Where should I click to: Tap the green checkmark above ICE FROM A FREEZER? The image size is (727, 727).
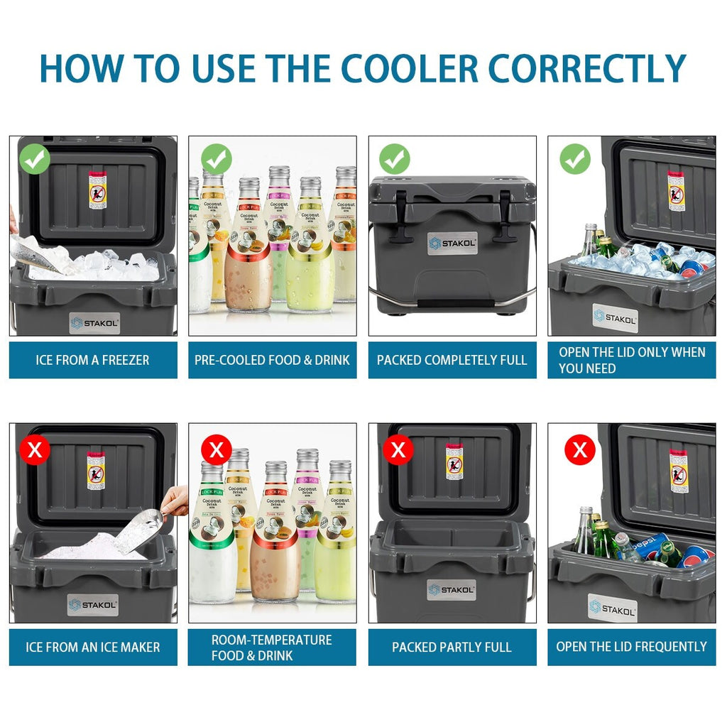point(35,159)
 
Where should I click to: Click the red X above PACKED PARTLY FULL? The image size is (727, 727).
point(398,449)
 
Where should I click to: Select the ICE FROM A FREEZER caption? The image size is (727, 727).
point(93,360)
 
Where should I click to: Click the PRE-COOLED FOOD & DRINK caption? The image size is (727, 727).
point(272,360)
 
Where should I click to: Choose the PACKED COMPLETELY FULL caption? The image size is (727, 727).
point(452,360)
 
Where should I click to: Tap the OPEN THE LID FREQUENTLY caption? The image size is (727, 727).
point(631,647)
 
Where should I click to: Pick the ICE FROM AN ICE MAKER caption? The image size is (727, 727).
point(93,647)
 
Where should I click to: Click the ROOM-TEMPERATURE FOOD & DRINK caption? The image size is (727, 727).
point(272,647)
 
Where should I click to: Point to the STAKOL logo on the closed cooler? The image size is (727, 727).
point(452,244)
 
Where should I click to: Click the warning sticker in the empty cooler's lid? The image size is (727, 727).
point(454,461)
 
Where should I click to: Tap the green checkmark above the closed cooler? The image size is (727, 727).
point(394,159)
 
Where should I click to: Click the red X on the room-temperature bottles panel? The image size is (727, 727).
point(217,449)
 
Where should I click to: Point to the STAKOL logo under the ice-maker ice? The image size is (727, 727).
point(93,605)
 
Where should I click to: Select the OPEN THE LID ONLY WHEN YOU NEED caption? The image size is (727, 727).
point(631,360)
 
